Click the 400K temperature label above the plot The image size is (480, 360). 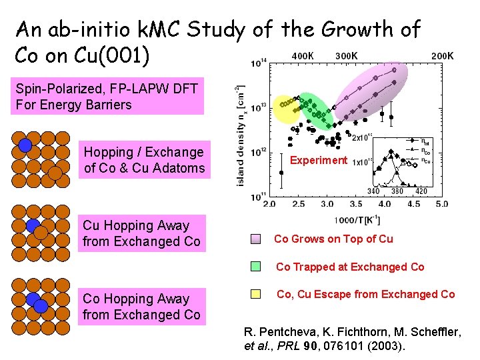tap(304, 55)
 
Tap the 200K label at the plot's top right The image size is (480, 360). tap(442, 55)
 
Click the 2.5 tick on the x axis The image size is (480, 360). tap(299, 203)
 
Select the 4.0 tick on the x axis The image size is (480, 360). tap(385, 203)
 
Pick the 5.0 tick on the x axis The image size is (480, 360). tap(441, 203)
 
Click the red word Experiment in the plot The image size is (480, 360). tap(319, 160)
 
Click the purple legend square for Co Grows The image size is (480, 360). tap(257, 239)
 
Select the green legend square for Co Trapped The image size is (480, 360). tap(257, 267)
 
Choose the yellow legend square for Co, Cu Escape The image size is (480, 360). tap(257, 294)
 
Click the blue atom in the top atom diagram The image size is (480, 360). tap(25, 145)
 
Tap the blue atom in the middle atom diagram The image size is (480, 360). tap(33, 226)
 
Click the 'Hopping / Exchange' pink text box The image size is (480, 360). tap(144, 160)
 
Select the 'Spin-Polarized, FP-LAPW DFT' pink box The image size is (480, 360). tap(107, 96)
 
